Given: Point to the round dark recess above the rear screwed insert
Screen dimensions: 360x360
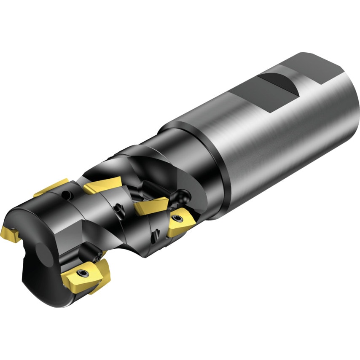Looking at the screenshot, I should click(183, 195).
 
